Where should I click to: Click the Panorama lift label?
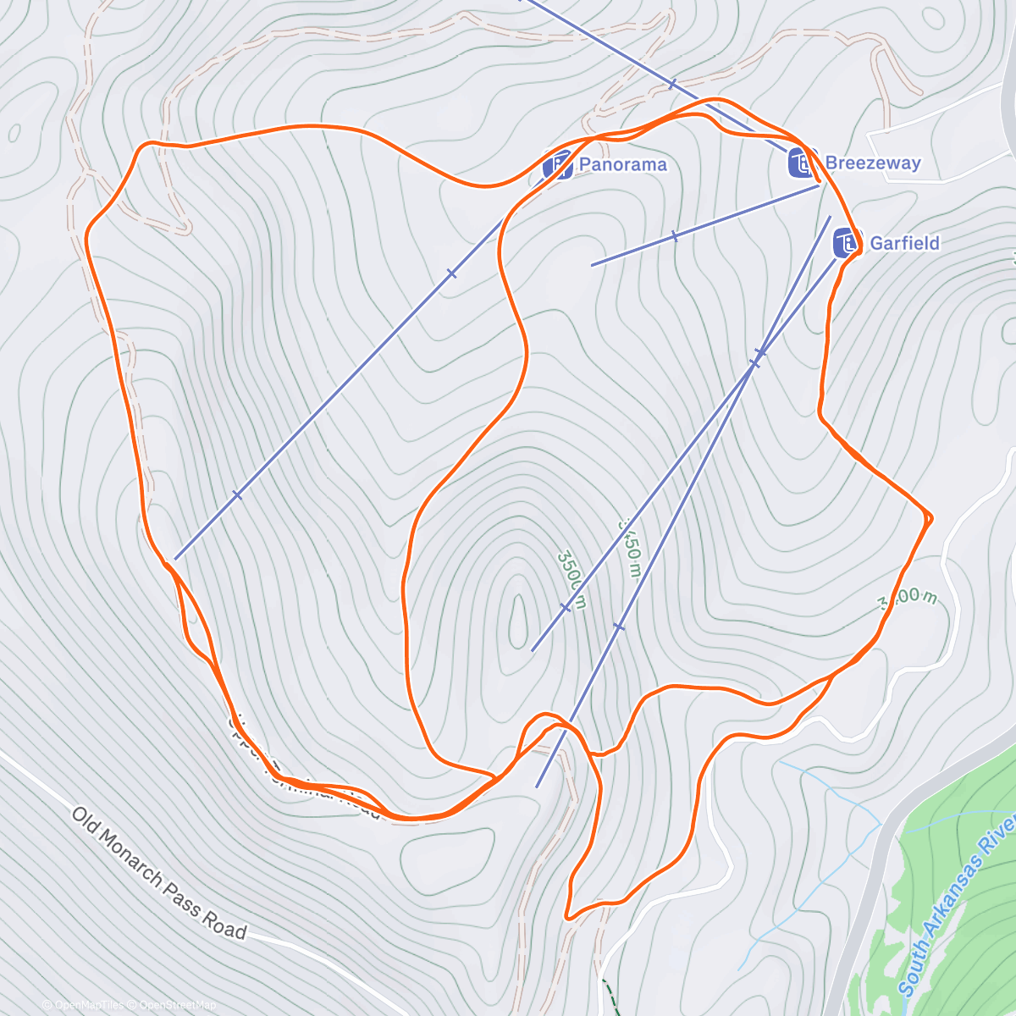click(x=622, y=164)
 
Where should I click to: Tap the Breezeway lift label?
click(x=872, y=163)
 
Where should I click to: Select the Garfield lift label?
click(x=904, y=243)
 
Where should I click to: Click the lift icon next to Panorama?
click(x=558, y=165)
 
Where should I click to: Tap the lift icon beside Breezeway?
click(x=802, y=163)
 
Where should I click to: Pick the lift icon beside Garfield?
click(x=847, y=243)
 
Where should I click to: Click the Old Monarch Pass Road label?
click(x=158, y=873)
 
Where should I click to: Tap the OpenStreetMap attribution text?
click(x=177, y=1005)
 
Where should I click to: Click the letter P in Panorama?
click(x=584, y=164)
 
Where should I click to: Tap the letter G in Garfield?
click(x=876, y=243)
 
